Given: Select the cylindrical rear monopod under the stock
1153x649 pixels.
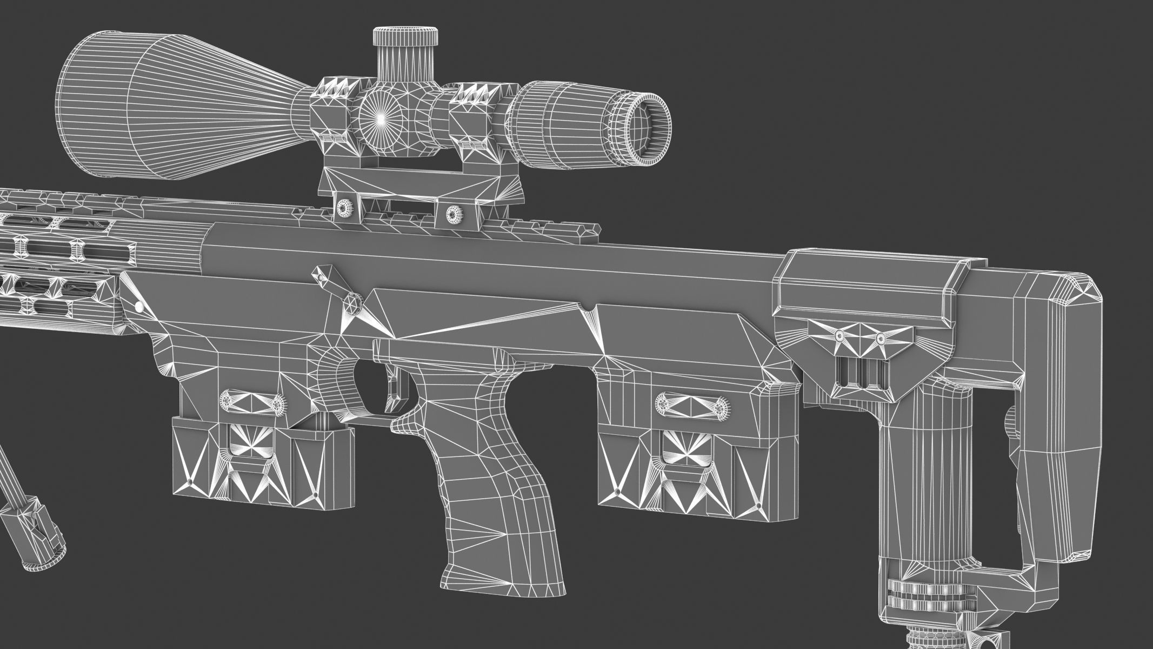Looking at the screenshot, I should click(914, 487).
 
